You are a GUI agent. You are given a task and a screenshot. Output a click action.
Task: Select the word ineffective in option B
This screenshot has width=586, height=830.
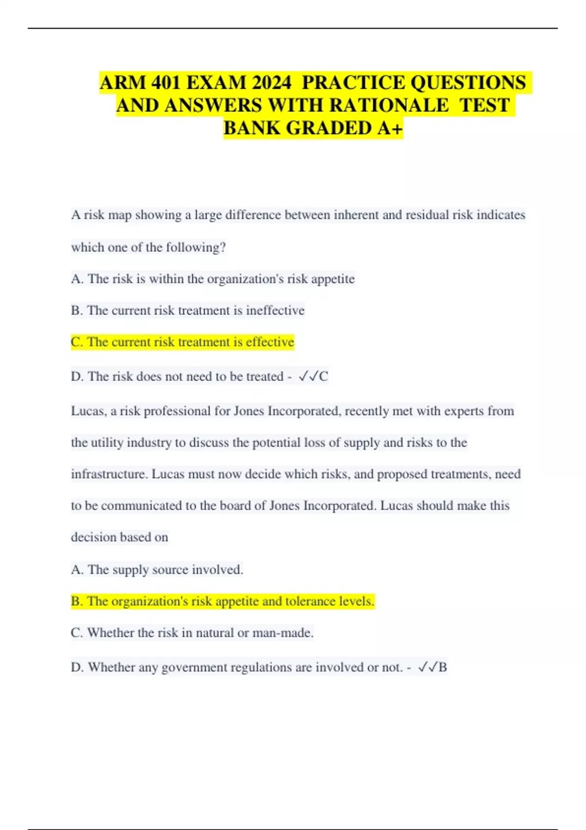click(x=275, y=311)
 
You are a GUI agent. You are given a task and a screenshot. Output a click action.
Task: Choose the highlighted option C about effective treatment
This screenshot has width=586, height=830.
click(x=182, y=342)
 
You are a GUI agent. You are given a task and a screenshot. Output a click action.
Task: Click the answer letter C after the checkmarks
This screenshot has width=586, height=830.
click(x=323, y=376)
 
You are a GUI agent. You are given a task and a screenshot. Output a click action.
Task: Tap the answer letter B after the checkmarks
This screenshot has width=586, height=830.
click(x=442, y=667)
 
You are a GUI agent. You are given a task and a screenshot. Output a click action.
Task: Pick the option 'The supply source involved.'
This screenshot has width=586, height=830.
click(x=157, y=570)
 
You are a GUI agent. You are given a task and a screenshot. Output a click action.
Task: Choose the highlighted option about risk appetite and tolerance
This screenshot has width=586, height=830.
click(x=222, y=602)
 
